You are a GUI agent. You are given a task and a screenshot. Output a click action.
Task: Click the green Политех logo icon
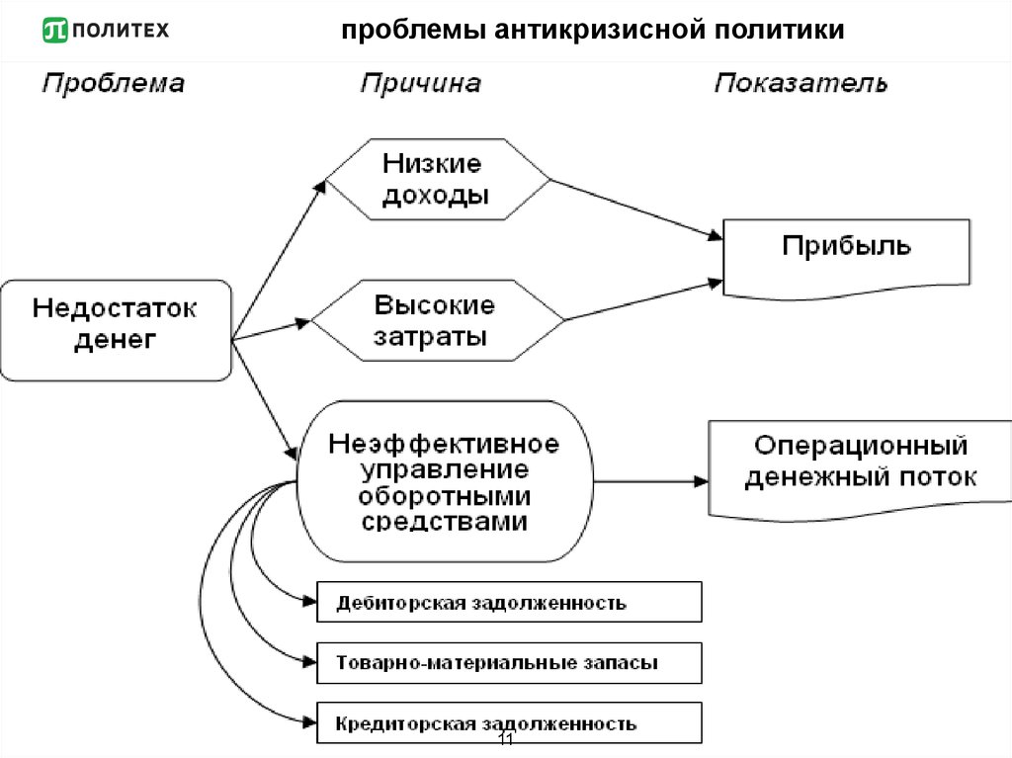[55, 31]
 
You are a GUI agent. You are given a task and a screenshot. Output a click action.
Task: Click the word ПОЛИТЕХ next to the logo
[122, 31]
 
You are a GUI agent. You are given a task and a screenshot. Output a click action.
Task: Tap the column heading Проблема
[113, 83]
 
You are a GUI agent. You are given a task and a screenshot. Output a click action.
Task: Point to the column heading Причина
[420, 83]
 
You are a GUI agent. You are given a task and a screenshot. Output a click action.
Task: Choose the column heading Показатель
[801, 83]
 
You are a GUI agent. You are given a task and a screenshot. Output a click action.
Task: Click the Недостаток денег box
[116, 330]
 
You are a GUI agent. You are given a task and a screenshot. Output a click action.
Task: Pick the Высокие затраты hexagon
[438, 319]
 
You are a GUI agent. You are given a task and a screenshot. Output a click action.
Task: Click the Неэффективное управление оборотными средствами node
[444, 481]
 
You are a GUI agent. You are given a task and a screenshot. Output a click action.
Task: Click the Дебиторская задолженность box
[508, 602]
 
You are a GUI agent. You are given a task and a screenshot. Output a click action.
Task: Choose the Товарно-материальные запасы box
[508, 662]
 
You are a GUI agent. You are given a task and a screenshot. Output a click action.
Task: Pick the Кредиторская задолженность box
[508, 723]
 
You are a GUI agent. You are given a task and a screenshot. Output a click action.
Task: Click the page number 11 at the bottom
[505, 741]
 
